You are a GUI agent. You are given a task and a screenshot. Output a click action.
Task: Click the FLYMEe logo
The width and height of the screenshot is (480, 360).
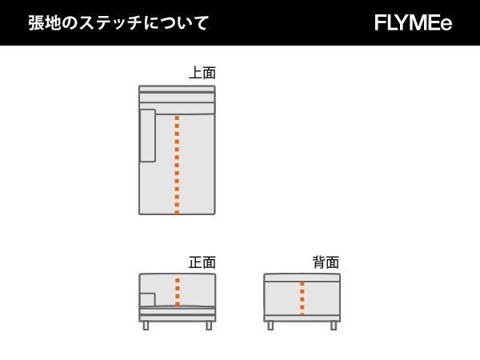coord(413,23)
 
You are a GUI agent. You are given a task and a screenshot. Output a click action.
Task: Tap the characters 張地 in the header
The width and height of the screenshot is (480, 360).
coord(45,22)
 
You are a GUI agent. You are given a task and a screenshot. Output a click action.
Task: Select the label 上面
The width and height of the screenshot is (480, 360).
coord(202,73)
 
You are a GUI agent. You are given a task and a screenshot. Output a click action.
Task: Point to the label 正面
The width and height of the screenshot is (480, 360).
coord(202,262)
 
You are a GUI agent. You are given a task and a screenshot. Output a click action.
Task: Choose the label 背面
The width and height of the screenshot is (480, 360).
coord(326,262)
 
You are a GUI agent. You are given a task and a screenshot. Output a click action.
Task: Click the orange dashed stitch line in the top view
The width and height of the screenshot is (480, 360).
coord(177,164)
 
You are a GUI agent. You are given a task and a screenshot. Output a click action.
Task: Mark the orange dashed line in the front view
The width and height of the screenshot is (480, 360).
coord(177,290)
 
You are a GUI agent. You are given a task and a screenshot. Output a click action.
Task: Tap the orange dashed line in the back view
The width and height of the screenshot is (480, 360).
coord(302,298)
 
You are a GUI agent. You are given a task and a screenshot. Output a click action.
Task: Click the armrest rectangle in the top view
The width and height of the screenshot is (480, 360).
coord(147,135)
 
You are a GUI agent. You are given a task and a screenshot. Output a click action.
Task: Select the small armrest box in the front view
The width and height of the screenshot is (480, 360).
coord(147,299)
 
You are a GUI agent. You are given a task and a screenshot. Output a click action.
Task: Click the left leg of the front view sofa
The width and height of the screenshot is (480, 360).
coord(146,326)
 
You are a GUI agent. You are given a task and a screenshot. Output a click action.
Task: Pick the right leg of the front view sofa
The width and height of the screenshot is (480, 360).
coord(209,326)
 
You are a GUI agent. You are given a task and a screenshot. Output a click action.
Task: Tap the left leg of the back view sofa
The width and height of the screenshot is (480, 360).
coord(270,326)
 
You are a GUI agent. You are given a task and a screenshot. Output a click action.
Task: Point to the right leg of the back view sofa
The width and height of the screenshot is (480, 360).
coord(334,326)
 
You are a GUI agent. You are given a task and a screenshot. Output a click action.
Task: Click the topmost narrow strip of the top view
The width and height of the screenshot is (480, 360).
coord(177,89)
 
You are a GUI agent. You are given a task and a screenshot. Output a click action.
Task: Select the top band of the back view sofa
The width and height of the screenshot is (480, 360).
coord(302,278)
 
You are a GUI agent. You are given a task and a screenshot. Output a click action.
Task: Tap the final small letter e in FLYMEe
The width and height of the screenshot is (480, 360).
coord(446,24)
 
